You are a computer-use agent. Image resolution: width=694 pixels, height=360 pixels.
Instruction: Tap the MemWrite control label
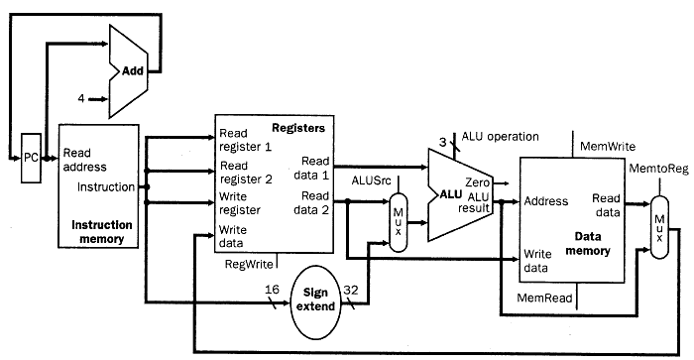click(607, 145)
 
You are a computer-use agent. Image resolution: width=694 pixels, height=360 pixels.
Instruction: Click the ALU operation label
click(500, 136)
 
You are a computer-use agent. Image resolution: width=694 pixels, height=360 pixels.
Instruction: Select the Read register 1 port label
click(247, 140)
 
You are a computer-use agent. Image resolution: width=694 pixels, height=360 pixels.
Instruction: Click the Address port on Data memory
click(546, 199)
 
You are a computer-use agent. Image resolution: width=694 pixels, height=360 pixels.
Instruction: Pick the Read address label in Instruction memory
click(87, 160)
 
